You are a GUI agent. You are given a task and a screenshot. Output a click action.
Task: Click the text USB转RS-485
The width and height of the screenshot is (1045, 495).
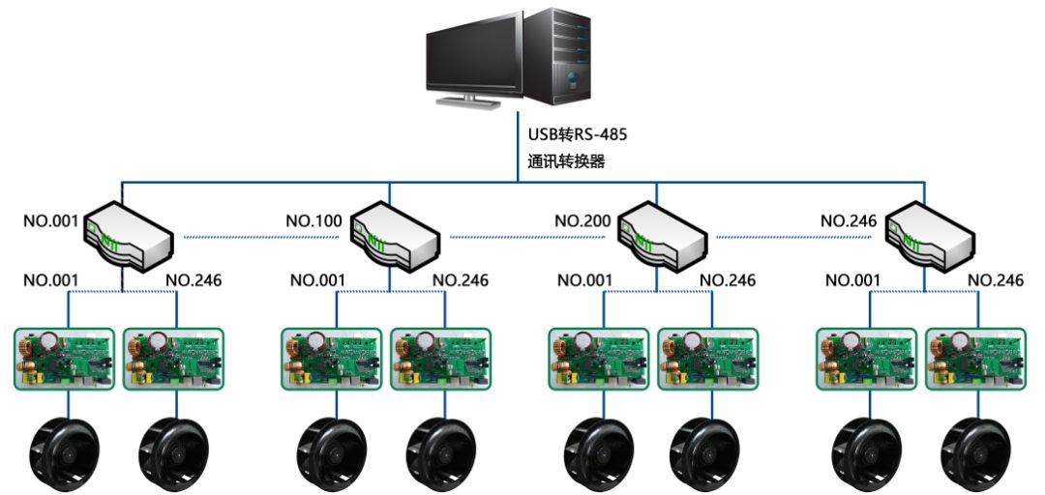(577, 134)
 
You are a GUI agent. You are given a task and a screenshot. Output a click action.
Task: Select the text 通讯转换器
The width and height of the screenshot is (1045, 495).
(566, 161)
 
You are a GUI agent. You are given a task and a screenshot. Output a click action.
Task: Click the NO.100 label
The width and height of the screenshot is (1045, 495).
(313, 220)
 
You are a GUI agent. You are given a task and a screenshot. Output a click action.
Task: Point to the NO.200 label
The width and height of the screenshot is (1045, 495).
(582, 220)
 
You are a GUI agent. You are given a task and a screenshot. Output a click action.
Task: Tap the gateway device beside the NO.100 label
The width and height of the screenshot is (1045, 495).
(395, 235)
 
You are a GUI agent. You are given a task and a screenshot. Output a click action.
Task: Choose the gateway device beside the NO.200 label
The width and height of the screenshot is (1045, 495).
(663, 235)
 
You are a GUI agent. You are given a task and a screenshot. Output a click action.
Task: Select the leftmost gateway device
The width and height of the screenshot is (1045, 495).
(129, 235)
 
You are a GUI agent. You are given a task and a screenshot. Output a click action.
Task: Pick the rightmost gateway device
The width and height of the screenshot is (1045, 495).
(930, 235)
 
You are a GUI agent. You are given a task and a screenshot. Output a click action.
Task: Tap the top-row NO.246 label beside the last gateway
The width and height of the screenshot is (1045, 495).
(849, 220)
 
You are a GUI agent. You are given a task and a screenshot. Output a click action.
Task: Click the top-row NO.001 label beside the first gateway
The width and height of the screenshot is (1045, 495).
(50, 220)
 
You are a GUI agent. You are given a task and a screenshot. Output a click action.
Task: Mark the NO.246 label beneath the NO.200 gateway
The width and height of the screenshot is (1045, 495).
(728, 280)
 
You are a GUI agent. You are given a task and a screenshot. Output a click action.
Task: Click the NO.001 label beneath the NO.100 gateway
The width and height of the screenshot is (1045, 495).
(317, 280)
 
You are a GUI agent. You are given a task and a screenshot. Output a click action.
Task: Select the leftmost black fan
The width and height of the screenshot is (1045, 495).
(65, 454)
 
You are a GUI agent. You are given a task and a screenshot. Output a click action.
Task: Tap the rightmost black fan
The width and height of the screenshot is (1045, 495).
(977, 454)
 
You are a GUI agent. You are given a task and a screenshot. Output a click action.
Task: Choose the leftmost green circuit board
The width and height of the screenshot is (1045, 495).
(65, 359)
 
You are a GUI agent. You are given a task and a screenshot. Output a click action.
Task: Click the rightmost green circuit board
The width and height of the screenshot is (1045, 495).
(976, 359)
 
